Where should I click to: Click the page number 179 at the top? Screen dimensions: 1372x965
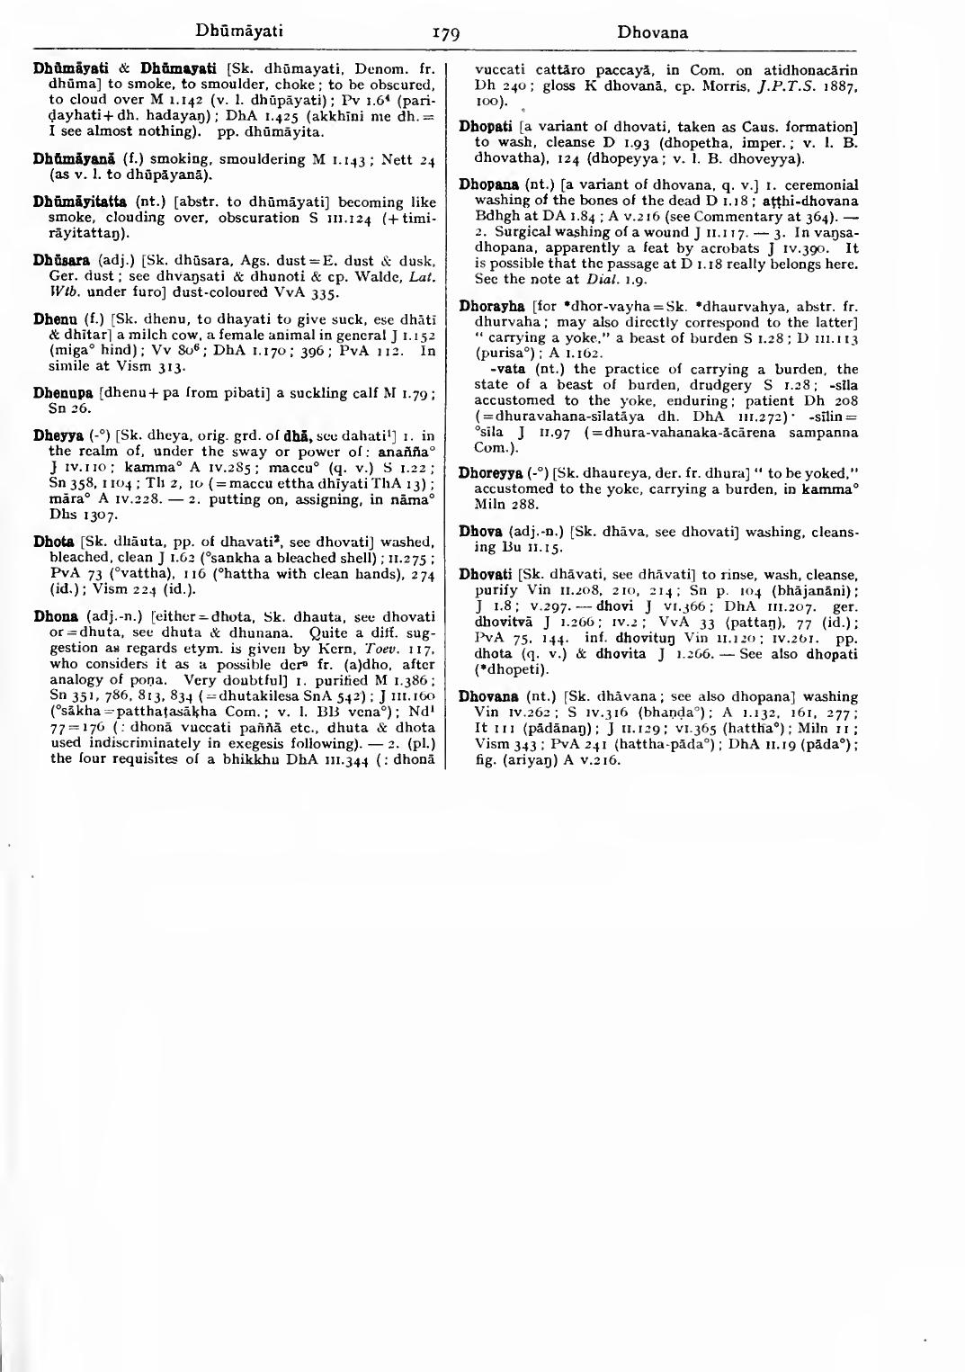pos(446,34)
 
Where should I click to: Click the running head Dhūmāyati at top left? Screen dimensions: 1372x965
pos(239,31)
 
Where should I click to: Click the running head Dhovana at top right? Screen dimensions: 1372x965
pos(652,32)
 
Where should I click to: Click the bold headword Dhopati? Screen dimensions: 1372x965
pos(486,127)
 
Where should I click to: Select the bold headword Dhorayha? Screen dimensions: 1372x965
pos(491,307)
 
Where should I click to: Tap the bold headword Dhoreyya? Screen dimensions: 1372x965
pos(491,472)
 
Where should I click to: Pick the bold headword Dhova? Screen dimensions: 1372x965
pos(480,532)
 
